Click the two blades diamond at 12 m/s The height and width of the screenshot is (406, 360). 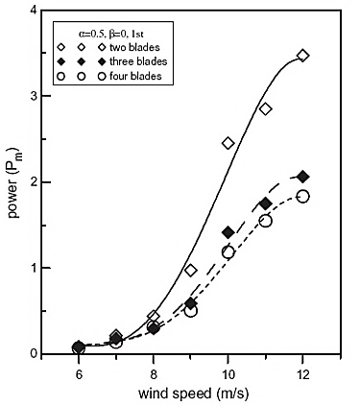click(x=303, y=56)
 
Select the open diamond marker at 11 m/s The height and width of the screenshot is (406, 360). click(x=266, y=108)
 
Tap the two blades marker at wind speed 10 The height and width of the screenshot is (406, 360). click(x=228, y=143)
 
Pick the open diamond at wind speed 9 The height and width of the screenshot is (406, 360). click(x=191, y=271)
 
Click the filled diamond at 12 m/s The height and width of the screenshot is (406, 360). click(x=303, y=177)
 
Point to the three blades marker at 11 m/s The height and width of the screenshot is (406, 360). click(x=266, y=203)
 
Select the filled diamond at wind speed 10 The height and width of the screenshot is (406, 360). click(x=228, y=232)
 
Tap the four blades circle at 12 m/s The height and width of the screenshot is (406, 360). click(x=303, y=196)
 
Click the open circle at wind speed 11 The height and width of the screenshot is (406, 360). click(x=266, y=221)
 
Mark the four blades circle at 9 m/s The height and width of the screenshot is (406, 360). click(x=191, y=311)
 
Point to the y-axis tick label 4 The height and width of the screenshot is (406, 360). click(x=36, y=12)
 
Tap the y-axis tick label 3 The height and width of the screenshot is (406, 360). click(x=36, y=97)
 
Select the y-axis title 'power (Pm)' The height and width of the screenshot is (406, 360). click(x=13, y=182)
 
